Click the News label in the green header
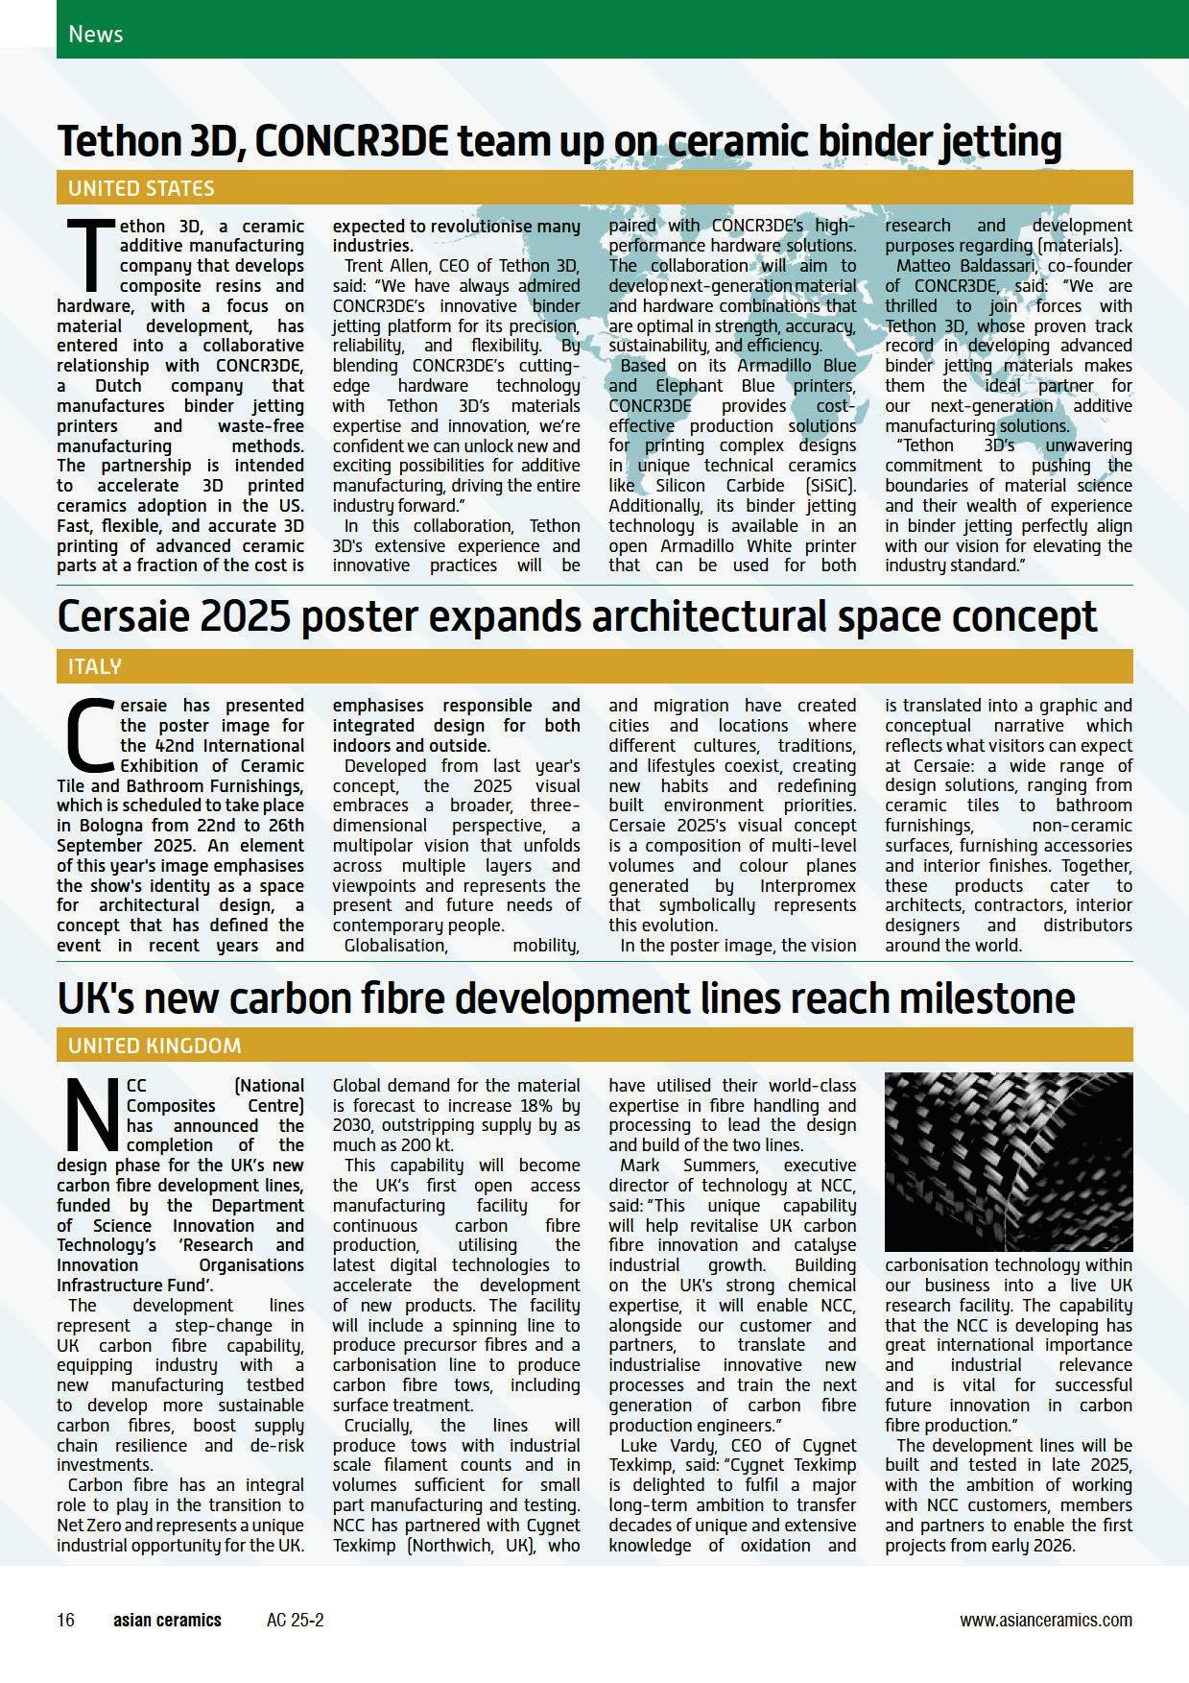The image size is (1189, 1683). point(96,35)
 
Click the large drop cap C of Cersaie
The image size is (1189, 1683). point(90,734)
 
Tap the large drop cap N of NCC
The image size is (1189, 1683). point(91,1114)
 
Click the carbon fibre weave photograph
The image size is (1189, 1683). point(1008,1162)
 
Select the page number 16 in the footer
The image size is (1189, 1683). point(65,1620)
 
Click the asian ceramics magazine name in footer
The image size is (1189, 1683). point(167,1620)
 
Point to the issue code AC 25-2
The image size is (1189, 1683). point(296,1620)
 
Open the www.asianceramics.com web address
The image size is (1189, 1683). point(1045,1620)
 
